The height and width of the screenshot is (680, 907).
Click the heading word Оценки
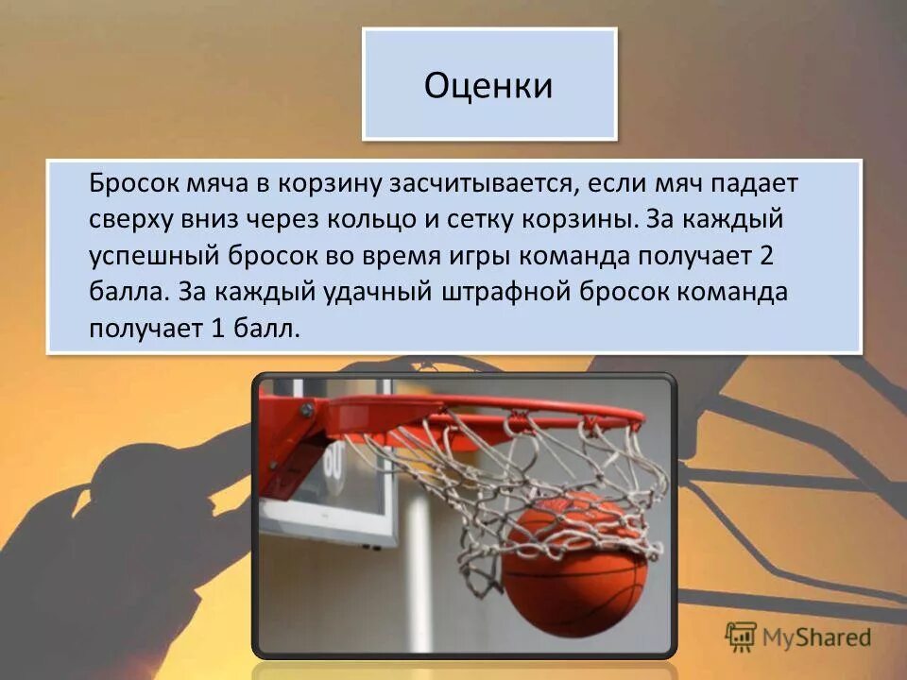(488, 86)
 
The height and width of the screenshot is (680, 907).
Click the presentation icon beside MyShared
(743, 636)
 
